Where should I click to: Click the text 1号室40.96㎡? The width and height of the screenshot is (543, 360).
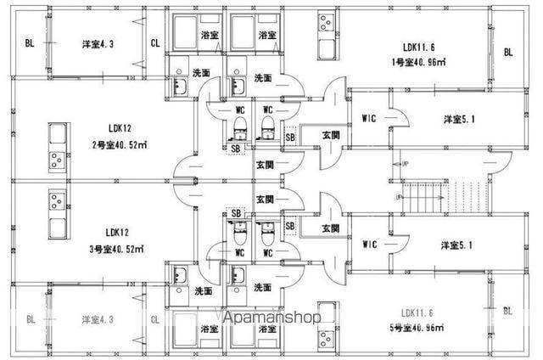tap(419, 62)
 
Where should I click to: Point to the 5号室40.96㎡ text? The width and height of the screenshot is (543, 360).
tap(419, 328)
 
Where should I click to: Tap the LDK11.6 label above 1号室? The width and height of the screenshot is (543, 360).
tap(419, 48)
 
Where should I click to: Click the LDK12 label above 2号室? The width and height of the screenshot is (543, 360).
tap(117, 129)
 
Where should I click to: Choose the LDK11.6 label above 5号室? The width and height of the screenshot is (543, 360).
tap(419, 313)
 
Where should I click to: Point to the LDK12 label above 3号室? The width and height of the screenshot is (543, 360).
tap(117, 232)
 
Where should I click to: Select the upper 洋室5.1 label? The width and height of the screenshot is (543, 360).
tap(458, 118)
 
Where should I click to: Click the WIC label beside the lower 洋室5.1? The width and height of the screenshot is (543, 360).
tap(369, 245)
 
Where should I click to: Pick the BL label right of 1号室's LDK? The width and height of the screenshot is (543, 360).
tap(508, 53)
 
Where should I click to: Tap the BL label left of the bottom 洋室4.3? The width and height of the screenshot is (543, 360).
tap(31, 319)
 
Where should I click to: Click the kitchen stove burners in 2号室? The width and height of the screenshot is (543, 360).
tap(57, 158)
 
